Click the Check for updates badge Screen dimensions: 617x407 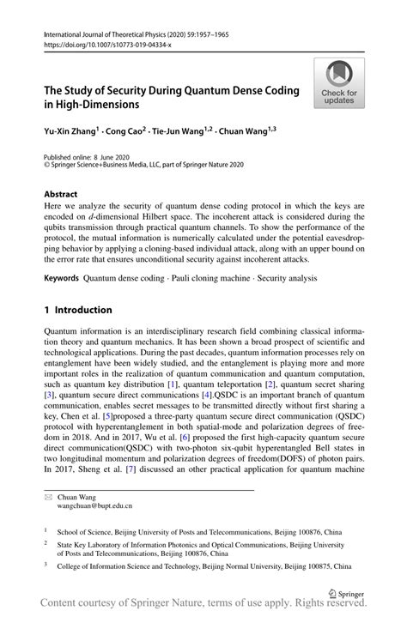[339, 83]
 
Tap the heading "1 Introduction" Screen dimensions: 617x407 [78, 310]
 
